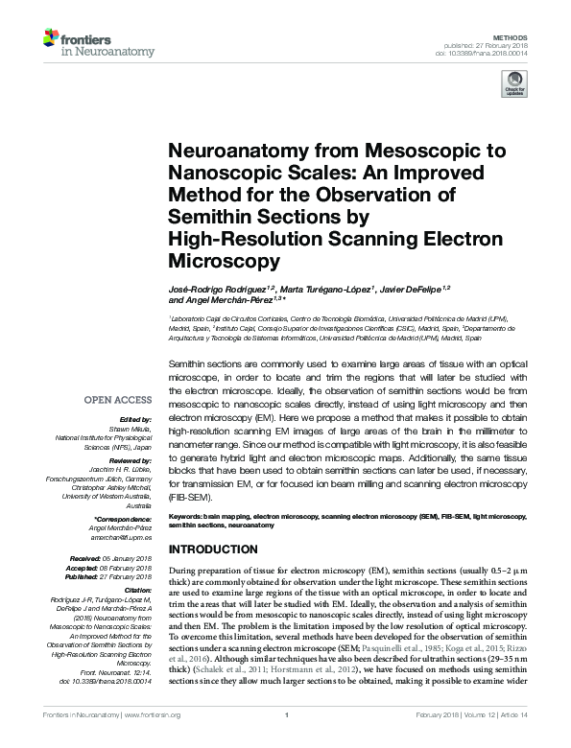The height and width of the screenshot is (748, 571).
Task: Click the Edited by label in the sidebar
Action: (x=137, y=421)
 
